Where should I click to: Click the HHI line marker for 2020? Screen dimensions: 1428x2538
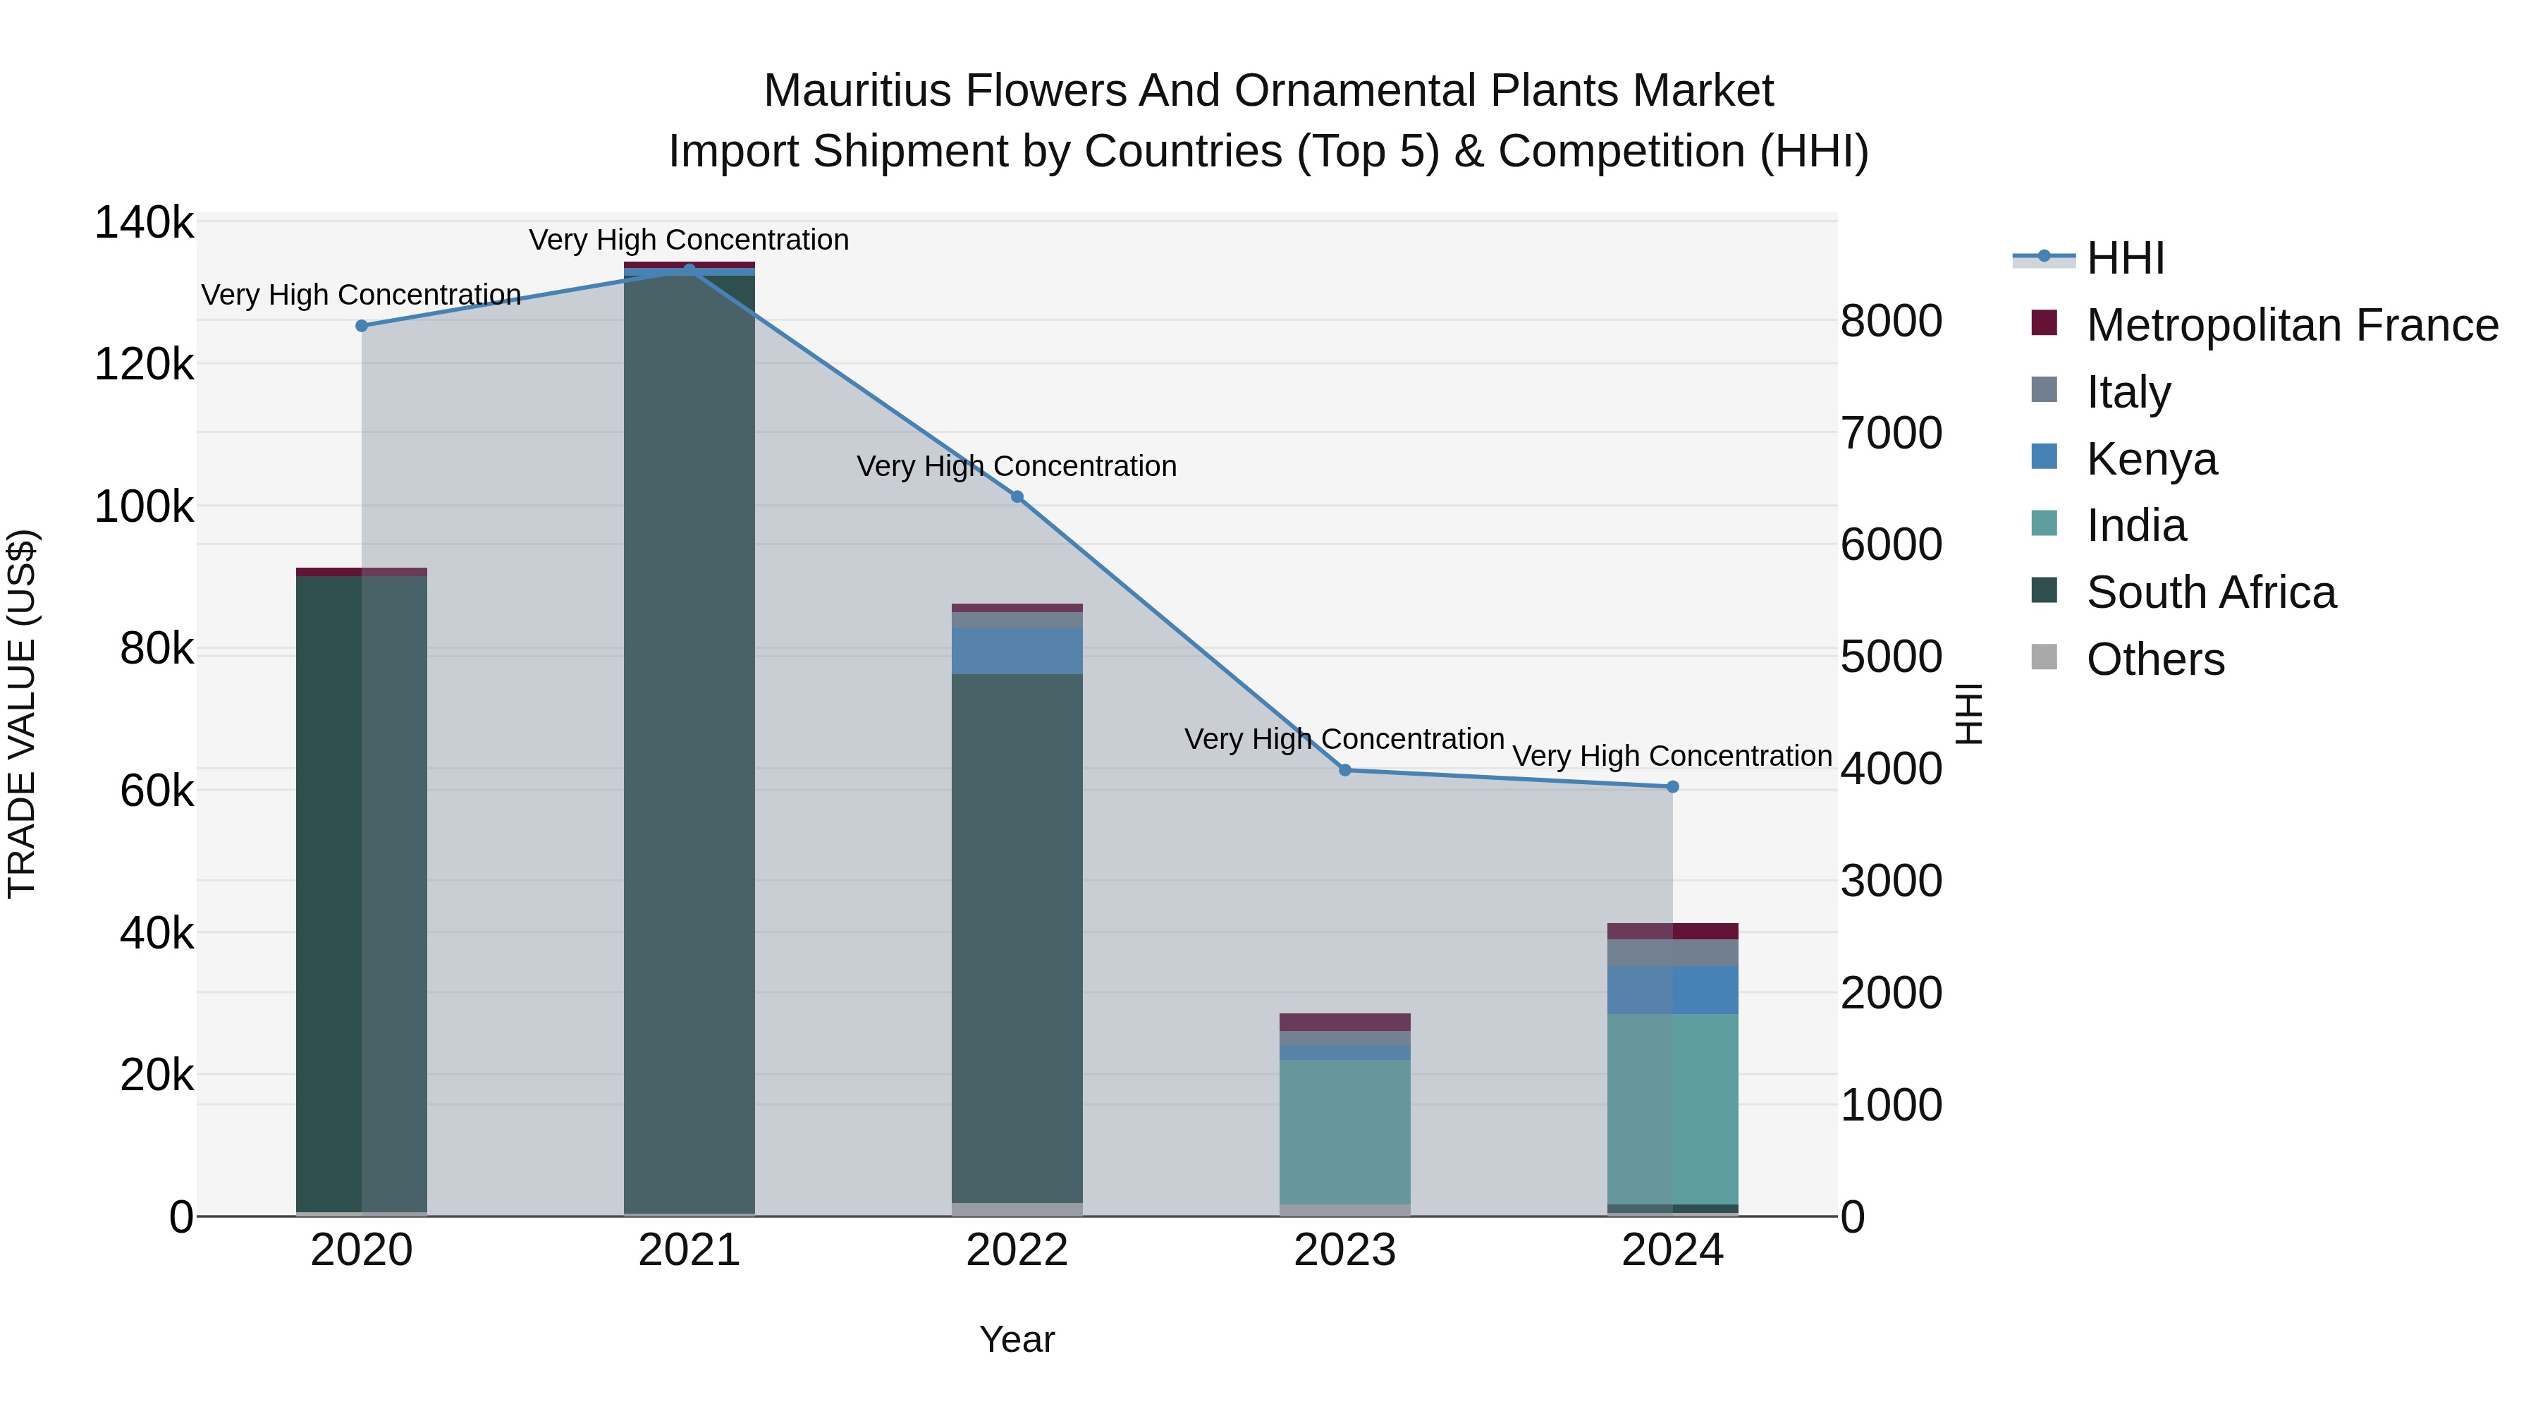coord(362,327)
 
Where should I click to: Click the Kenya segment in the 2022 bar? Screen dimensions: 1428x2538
coord(1017,650)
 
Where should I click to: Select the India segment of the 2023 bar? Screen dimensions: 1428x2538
coord(1345,1131)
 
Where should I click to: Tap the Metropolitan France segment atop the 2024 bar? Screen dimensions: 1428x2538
coord(1673,932)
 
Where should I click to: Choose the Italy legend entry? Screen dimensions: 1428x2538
coord(2128,392)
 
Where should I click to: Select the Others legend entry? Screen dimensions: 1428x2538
coord(2154,659)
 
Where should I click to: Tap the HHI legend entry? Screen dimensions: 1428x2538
coord(2125,258)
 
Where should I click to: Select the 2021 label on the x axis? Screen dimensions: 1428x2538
coord(689,1250)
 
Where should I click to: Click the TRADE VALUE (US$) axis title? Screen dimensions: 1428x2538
coord(23,714)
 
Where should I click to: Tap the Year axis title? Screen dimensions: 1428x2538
coord(1017,1339)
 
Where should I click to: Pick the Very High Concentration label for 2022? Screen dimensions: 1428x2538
coord(1017,466)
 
